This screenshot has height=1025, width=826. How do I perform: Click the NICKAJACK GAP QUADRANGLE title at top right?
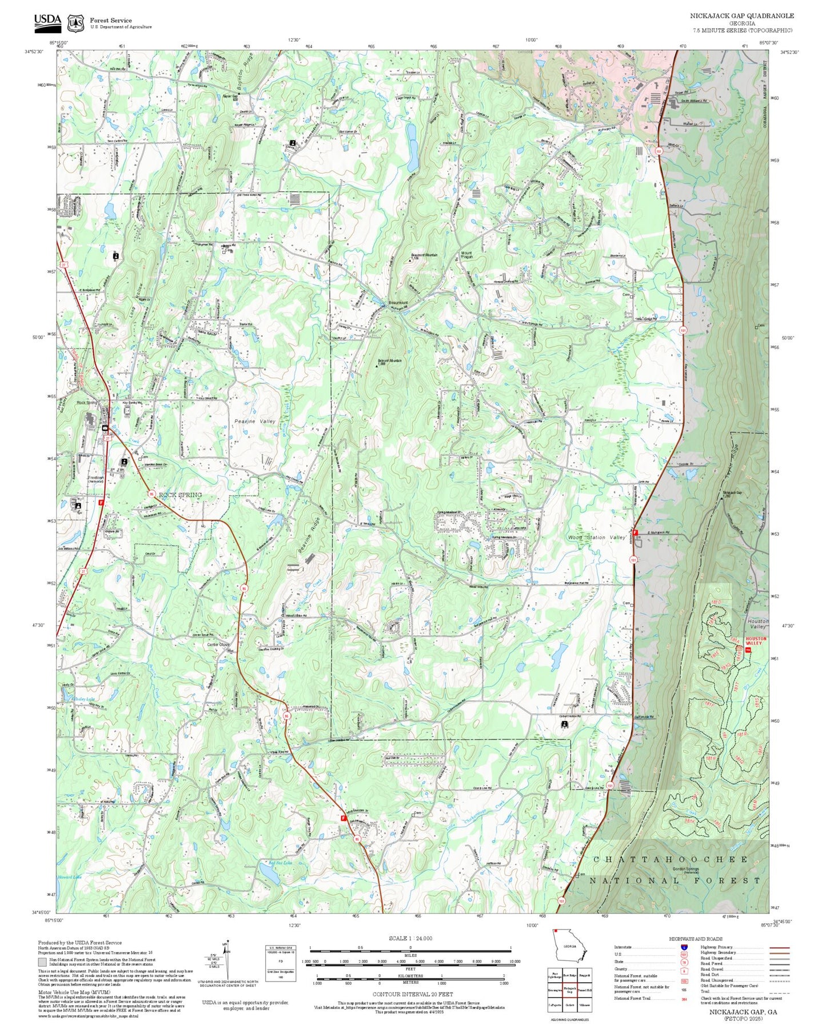pos(741,16)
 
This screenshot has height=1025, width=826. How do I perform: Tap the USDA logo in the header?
pos(47,21)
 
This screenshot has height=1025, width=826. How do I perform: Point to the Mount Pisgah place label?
pos(466,255)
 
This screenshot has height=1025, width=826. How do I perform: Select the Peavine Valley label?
pos(254,421)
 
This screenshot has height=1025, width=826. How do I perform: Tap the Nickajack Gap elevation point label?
pos(732,494)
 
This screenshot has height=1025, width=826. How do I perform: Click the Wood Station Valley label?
pos(596,538)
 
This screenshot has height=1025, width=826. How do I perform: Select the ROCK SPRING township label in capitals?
pos(180,495)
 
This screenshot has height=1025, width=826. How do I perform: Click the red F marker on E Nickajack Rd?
pos(635,532)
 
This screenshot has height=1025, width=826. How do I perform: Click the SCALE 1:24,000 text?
pos(410,938)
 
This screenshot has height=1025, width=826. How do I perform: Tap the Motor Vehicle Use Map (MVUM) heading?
pos(74,992)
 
